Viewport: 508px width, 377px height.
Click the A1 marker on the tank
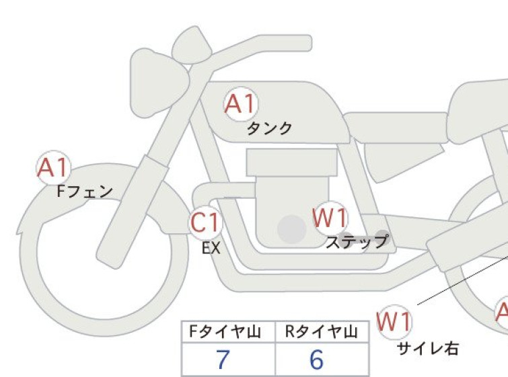241,103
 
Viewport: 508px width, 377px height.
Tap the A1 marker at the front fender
53,167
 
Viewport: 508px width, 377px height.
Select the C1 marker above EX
205,222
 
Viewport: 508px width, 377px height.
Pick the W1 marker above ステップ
330,218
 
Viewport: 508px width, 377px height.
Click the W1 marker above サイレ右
394,322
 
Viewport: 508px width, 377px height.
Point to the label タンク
269,129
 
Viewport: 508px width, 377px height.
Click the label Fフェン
85,192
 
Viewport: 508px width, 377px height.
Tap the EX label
211,248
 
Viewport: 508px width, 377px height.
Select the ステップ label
357,242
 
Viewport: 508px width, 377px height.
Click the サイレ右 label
428,349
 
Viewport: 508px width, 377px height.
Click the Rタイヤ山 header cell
322,332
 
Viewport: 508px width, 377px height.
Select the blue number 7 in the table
223,360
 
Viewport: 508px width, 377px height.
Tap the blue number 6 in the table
316,360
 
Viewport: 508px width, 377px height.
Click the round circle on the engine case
292,229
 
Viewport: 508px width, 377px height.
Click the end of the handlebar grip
310,43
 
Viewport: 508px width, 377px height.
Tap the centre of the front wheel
104,251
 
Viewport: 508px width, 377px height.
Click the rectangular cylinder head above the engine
291,163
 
